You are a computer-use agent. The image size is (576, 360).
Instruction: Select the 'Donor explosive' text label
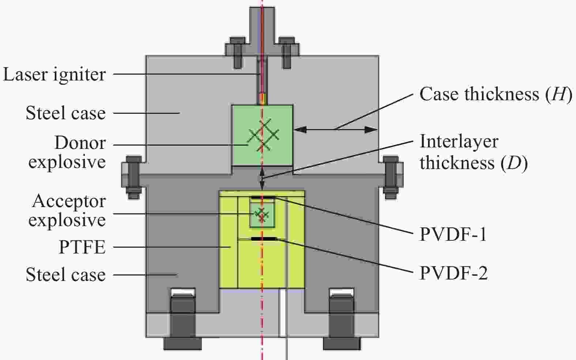tap(67, 152)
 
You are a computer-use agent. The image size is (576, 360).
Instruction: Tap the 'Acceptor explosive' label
tap(67, 210)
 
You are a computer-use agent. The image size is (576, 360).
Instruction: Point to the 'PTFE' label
tap(82, 247)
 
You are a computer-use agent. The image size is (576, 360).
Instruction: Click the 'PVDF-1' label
tap(453, 235)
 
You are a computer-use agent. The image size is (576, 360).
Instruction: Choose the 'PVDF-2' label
tap(453, 273)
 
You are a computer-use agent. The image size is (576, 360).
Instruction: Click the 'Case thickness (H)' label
tap(496, 94)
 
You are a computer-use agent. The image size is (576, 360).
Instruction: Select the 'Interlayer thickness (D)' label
tap(473, 152)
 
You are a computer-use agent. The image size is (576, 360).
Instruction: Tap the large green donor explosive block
tap(262, 135)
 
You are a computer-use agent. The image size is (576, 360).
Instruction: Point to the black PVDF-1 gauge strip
tap(263, 198)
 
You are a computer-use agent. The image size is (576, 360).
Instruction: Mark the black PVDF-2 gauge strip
tap(264, 239)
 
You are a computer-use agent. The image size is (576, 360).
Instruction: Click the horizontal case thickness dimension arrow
tap(336, 130)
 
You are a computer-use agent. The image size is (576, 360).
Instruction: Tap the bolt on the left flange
tap(133, 177)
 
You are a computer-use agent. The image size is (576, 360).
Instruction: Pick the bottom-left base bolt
tap(183, 319)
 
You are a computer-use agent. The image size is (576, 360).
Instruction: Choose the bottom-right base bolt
tap(342, 319)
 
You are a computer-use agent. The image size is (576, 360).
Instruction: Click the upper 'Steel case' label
tap(66, 113)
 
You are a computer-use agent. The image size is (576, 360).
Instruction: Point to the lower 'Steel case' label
tap(66, 275)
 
